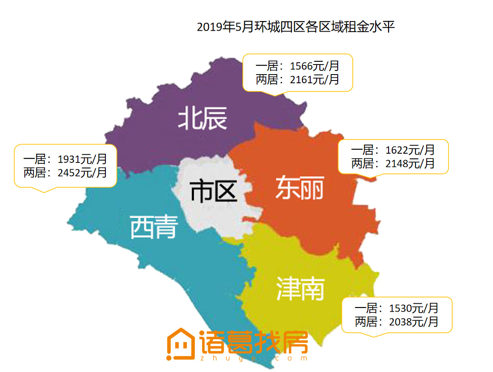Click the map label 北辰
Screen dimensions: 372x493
pos(203,118)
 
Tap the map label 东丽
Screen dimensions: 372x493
pos(300,188)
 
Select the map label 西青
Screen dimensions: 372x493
pos(153,227)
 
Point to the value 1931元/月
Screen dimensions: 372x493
pos(82,159)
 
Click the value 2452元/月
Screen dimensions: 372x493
pos(82,173)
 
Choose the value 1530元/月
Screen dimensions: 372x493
pos(414,308)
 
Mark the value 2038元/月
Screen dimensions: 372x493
pos(414,322)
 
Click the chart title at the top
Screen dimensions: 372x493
pos(296,27)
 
